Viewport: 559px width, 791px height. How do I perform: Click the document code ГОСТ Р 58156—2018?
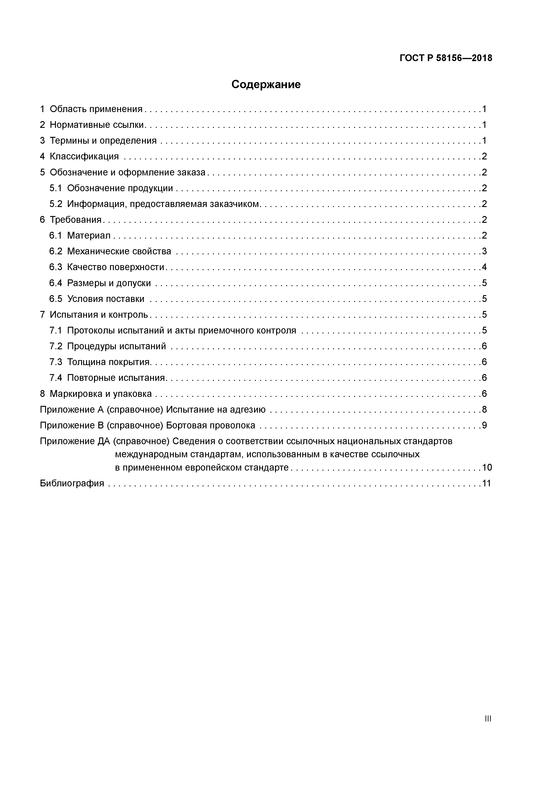click(x=446, y=58)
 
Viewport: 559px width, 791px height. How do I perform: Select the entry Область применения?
click(x=96, y=109)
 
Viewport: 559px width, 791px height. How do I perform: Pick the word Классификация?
click(x=84, y=156)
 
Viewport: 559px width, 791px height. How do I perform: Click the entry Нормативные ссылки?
click(x=97, y=125)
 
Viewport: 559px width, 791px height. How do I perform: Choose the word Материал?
click(x=89, y=236)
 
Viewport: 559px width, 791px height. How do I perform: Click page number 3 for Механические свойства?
click(x=484, y=251)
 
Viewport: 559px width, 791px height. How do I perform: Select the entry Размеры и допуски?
click(x=109, y=283)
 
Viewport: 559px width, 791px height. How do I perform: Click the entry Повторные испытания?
click(x=116, y=378)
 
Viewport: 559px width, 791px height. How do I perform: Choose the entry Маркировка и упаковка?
click(x=101, y=394)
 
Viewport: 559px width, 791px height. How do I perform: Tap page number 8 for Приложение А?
click(x=484, y=410)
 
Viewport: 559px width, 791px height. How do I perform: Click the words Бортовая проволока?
click(x=211, y=425)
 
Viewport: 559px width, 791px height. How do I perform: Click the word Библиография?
click(x=72, y=483)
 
